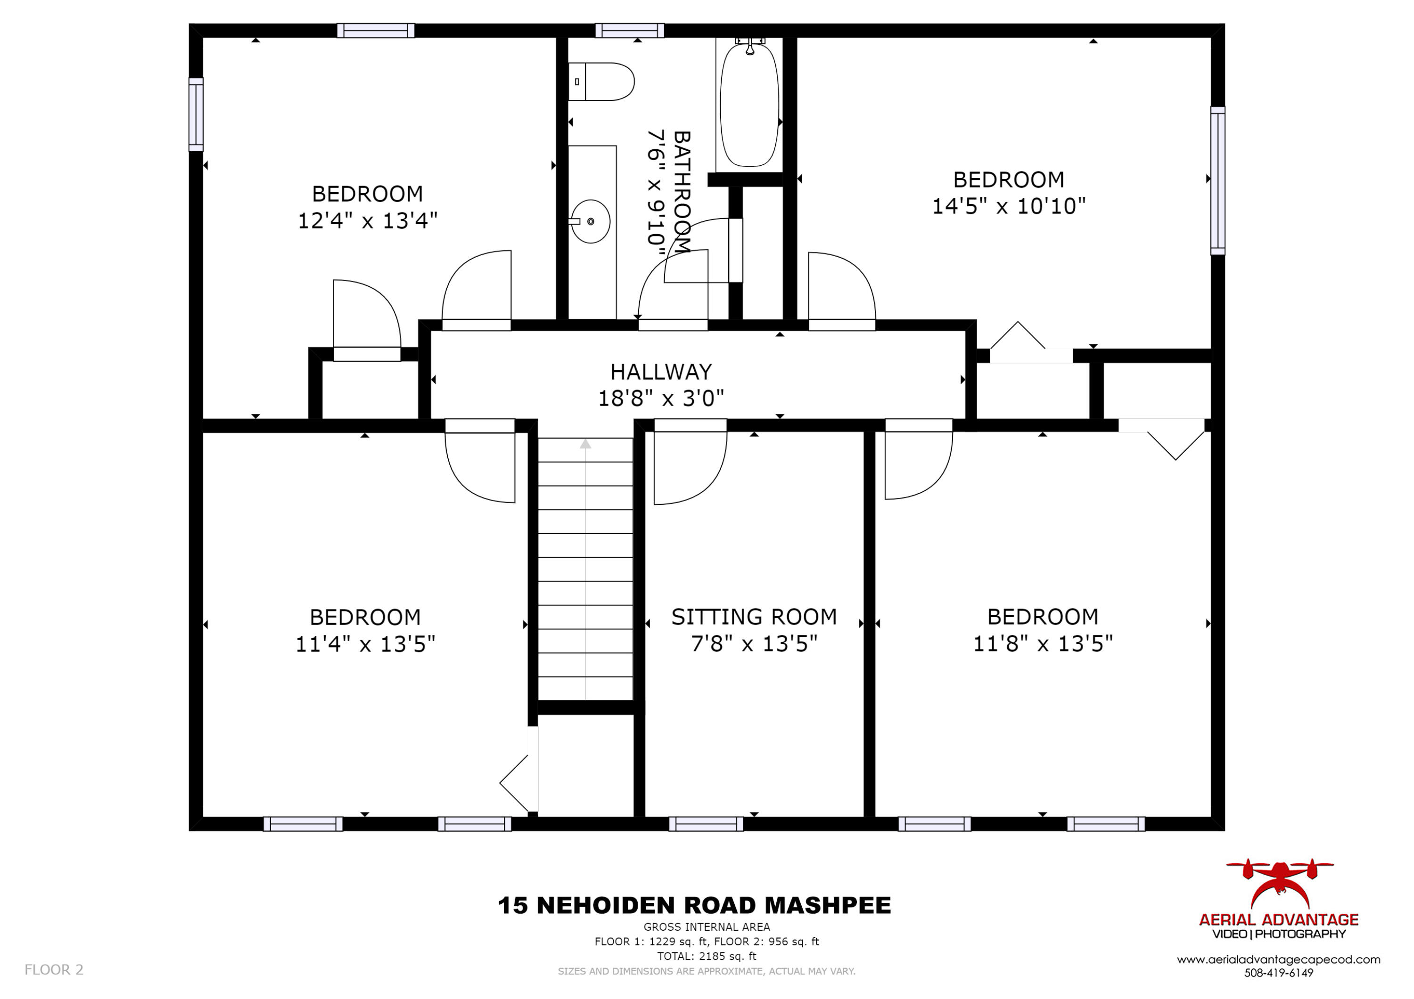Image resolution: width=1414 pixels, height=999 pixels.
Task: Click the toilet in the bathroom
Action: (x=600, y=81)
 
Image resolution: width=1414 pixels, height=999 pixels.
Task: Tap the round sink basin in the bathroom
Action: (x=591, y=221)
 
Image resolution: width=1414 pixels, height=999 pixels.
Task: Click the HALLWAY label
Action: (x=661, y=372)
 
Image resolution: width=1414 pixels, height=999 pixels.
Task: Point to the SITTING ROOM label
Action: (x=754, y=617)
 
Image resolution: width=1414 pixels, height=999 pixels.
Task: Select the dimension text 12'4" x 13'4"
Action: (x=368, y=220)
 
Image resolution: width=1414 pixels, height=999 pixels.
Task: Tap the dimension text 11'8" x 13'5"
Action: (x=1043, y=644)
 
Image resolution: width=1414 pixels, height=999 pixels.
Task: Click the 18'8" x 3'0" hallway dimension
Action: (x=661, y=398)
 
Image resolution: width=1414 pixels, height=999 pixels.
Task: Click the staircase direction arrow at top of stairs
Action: (x=585, y=443)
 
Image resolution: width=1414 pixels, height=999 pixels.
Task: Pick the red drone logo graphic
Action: (x=1279, y=885)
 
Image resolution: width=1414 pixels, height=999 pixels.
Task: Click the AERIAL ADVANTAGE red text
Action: (x=1279, y=919)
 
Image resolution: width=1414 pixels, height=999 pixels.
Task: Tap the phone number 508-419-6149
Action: (x=1279, y=973)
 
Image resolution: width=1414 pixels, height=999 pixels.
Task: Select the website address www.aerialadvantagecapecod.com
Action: (x=1279, y=959)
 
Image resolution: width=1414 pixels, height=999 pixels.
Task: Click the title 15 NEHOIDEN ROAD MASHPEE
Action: (x=694, y=905)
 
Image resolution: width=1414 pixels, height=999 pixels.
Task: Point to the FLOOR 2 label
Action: (x=54, y=969)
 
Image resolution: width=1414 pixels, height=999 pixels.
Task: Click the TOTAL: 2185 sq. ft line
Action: (x=707, y=956)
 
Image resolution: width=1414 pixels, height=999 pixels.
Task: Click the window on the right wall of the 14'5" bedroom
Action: (x=1217, y=180)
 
